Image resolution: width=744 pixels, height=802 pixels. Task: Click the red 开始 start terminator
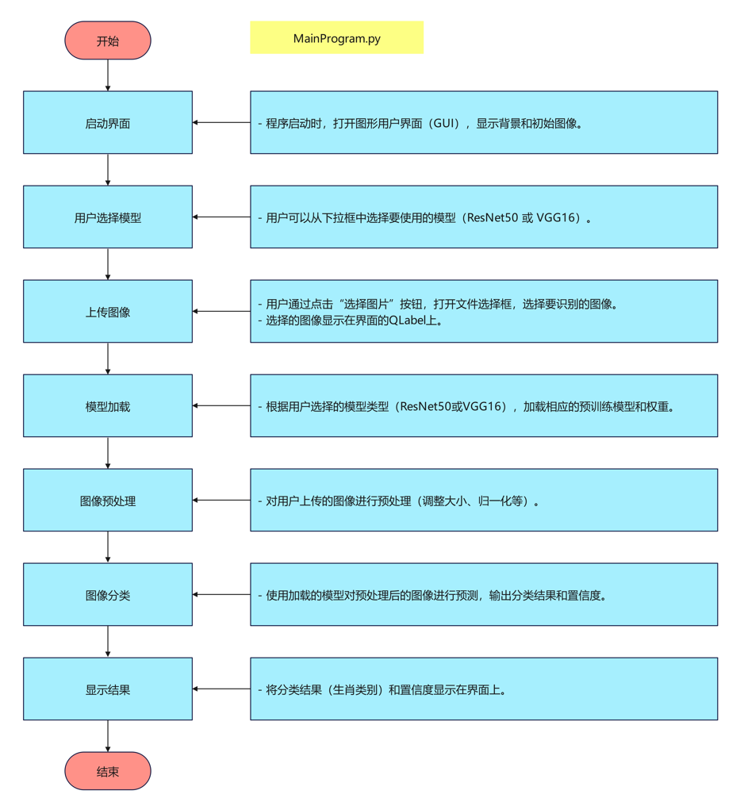tap(108, 40)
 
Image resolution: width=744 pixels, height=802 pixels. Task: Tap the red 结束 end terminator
tap(108, 771)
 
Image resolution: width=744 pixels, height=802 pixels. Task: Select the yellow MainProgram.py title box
tap(336, 38)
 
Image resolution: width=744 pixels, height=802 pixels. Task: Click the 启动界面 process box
tap(108, 123)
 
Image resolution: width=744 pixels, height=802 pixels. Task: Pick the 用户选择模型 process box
tap(108, 217)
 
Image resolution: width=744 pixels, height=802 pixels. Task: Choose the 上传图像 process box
tap(108, 312)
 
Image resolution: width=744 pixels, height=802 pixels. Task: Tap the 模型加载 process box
tap(108, 406)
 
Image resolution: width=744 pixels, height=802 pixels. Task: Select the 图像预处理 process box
tap(108, 501)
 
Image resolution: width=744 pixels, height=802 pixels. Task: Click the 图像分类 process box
tap(108, 595)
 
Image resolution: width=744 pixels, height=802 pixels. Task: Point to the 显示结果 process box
tap(108, 689)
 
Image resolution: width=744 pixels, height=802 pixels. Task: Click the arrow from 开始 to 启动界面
tap(108, 75)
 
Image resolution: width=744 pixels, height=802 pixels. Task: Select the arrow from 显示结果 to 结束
tap(108, 736)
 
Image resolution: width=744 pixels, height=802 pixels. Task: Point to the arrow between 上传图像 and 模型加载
tap(108, 359)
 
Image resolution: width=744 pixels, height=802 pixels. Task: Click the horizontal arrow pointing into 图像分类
tap(221, 594)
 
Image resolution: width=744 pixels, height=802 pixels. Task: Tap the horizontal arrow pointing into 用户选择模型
tap(221, 217)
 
